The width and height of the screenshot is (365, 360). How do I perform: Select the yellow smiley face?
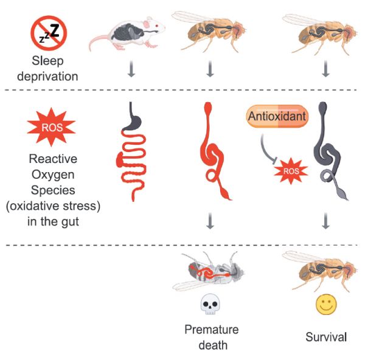point(325,304)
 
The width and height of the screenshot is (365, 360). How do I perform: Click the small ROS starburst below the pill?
point(291,172)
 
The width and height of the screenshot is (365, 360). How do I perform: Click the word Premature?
point(211,330)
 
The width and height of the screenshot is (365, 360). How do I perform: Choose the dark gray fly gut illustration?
point(325,152)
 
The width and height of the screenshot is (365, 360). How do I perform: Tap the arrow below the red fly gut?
point(210,223)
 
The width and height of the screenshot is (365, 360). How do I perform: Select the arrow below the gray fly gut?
point(325,223)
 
